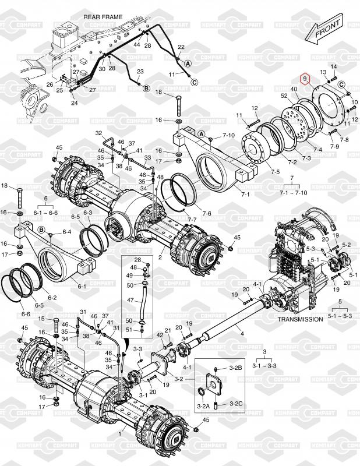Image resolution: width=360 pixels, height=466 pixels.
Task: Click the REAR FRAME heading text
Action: tap(103, 17)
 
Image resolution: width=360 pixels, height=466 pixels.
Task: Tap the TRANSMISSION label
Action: tap(300, 319)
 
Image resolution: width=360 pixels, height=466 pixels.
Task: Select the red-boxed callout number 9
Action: tap(303, 78)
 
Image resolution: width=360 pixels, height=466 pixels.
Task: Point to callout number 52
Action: tap(284, 96)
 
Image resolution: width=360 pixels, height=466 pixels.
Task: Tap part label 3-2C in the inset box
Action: tap(236, 403)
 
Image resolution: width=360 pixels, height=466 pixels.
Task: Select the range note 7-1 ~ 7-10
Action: tap(284, 193)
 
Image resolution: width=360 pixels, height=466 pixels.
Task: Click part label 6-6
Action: tap(26, 314)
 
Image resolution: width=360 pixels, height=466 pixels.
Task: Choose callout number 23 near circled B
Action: tap(140, 72)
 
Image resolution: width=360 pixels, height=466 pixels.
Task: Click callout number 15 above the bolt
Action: tap(41, 319)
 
